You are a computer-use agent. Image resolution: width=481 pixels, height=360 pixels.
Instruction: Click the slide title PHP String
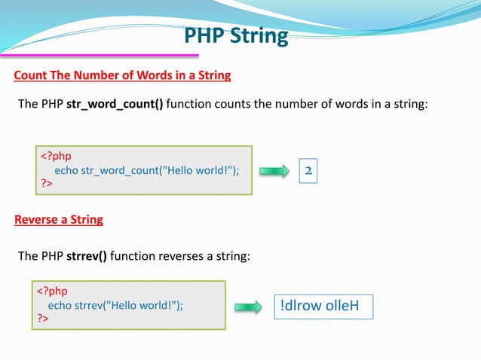(236, 36)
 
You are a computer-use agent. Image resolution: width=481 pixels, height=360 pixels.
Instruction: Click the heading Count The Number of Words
(122, 76)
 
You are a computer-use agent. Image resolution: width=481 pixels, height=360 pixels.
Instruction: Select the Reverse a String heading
(59, 220)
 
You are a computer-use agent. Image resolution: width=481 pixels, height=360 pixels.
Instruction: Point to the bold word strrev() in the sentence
(87, 256)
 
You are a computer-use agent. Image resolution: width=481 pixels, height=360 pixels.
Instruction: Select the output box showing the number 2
(308, 171)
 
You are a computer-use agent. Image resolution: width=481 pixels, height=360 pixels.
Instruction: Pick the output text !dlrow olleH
(323, 307)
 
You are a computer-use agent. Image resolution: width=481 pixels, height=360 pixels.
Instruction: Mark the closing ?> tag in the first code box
(47, 185)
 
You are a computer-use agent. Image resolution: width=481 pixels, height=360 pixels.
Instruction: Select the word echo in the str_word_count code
(66, 171)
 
